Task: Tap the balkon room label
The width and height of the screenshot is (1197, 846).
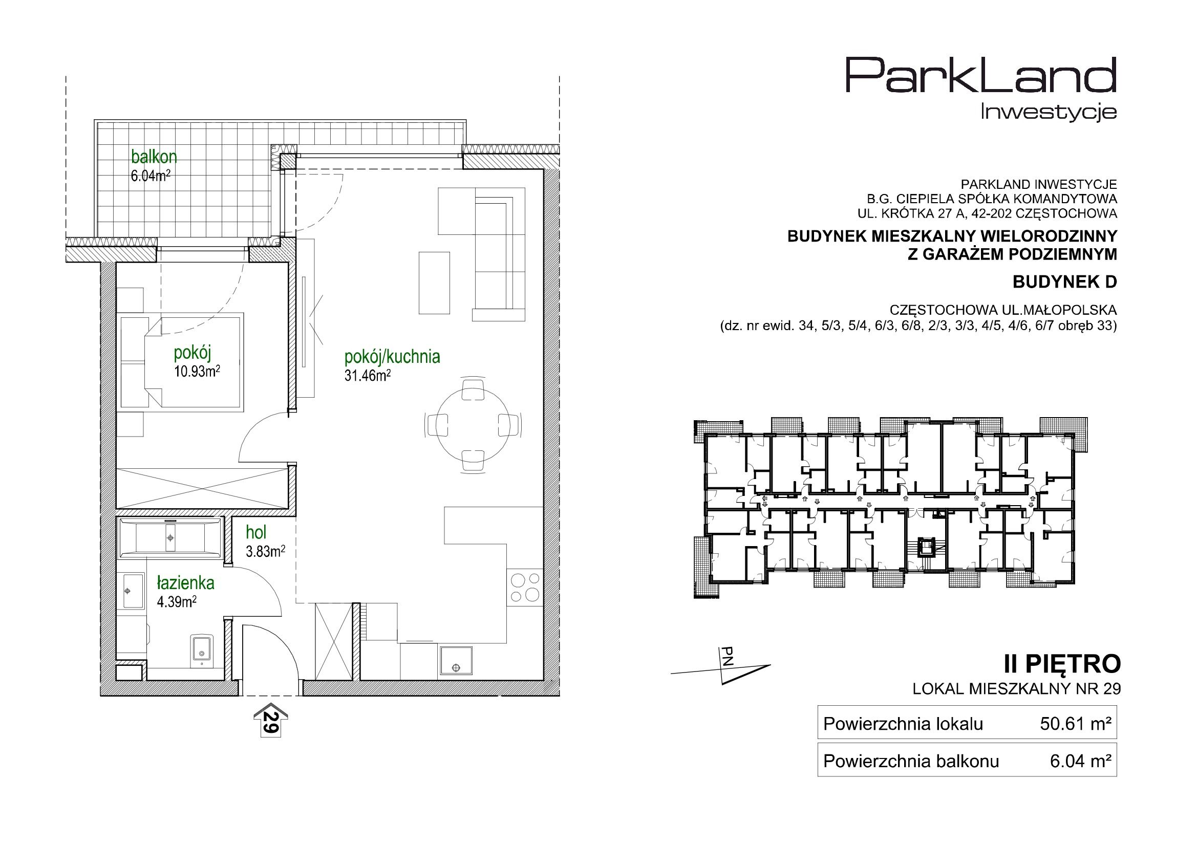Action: [154, 157]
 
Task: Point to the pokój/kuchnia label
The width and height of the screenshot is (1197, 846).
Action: [392, 357]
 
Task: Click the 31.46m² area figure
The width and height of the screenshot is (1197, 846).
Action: [368, 375]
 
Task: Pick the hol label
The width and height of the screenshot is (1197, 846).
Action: [256, 532]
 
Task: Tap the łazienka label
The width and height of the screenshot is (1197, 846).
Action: [186, 583]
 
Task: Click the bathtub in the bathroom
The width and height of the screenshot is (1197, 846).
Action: [170, 537]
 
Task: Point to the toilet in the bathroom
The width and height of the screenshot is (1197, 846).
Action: [201, 650]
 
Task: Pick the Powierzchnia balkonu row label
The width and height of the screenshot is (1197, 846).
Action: [911, 762]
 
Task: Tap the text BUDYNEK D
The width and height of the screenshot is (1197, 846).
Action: [1065, 282]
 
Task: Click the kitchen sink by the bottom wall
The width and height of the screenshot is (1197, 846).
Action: [456, 660]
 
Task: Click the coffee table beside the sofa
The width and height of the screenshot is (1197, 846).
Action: [434, 283]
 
